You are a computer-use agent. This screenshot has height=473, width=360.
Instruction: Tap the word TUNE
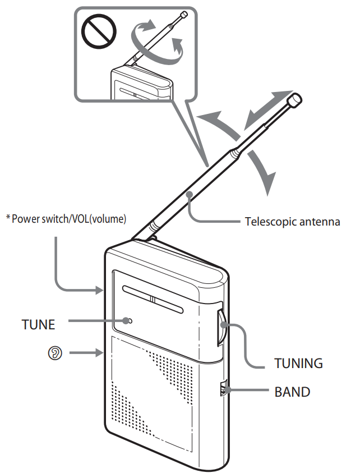39,324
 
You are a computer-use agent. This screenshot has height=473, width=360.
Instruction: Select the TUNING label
298,363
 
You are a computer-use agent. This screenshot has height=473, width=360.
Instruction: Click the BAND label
292,392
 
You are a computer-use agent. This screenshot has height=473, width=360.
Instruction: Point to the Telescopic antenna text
292,222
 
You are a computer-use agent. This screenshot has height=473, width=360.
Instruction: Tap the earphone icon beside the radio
54,353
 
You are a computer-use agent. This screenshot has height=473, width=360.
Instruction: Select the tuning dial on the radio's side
222,325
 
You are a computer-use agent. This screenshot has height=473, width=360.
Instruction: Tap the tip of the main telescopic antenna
294,101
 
